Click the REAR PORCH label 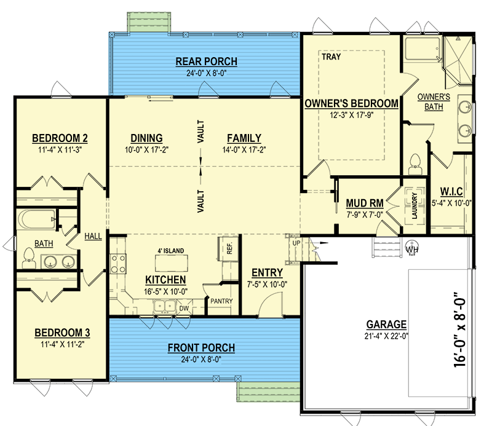click(206, 61)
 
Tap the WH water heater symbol click(411, 247)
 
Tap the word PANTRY click(220, 302)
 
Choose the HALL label click(93, 236)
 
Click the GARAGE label click(386, 325)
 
